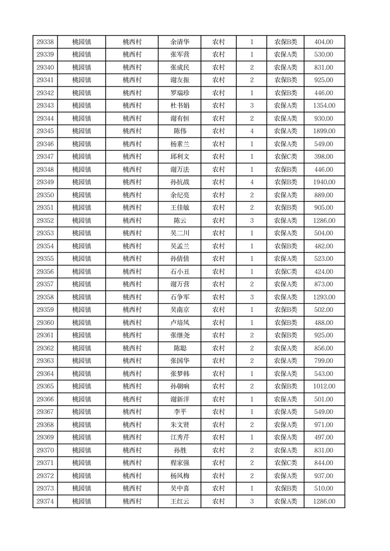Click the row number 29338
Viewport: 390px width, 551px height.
coord(45,42)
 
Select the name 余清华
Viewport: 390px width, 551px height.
coord(180,42)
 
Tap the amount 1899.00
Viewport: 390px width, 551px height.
coord(324,131)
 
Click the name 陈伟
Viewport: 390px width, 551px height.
coord(180,131)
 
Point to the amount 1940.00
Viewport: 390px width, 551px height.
coord(324,182)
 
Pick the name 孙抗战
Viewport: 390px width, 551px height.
coord(180,182)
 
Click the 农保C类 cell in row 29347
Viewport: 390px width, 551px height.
coord(285,157)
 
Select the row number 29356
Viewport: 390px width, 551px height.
coord(45,272)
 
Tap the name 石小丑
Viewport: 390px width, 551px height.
coord(180,272)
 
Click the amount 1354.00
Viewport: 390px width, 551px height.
coord(324,106)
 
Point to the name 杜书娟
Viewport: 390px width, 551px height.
coord(180,106)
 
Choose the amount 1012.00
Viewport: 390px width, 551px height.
coord(324,386)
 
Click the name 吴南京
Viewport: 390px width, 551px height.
coord(180,310)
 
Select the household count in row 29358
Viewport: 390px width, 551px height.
coord(252,297)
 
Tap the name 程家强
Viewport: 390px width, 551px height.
coord(180,463)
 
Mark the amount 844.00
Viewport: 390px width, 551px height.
coord(324,463)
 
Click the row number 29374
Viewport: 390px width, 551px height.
coord(45,501)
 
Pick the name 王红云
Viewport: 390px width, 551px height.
coord(180,501)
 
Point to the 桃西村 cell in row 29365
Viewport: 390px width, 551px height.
coord(132,386)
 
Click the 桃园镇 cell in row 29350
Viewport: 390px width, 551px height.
coord(82,195)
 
